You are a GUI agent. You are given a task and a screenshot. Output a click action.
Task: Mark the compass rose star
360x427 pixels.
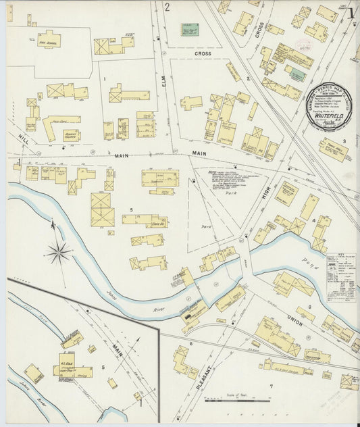point(59,253)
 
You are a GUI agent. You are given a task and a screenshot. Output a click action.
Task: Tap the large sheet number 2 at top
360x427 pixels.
point(166,7)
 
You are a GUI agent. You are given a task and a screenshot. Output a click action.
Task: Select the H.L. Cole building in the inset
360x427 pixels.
point(67,361)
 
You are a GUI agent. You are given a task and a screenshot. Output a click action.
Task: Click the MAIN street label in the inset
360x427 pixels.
point(119,350)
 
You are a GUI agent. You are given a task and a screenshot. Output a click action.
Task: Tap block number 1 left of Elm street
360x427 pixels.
point(104,80)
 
